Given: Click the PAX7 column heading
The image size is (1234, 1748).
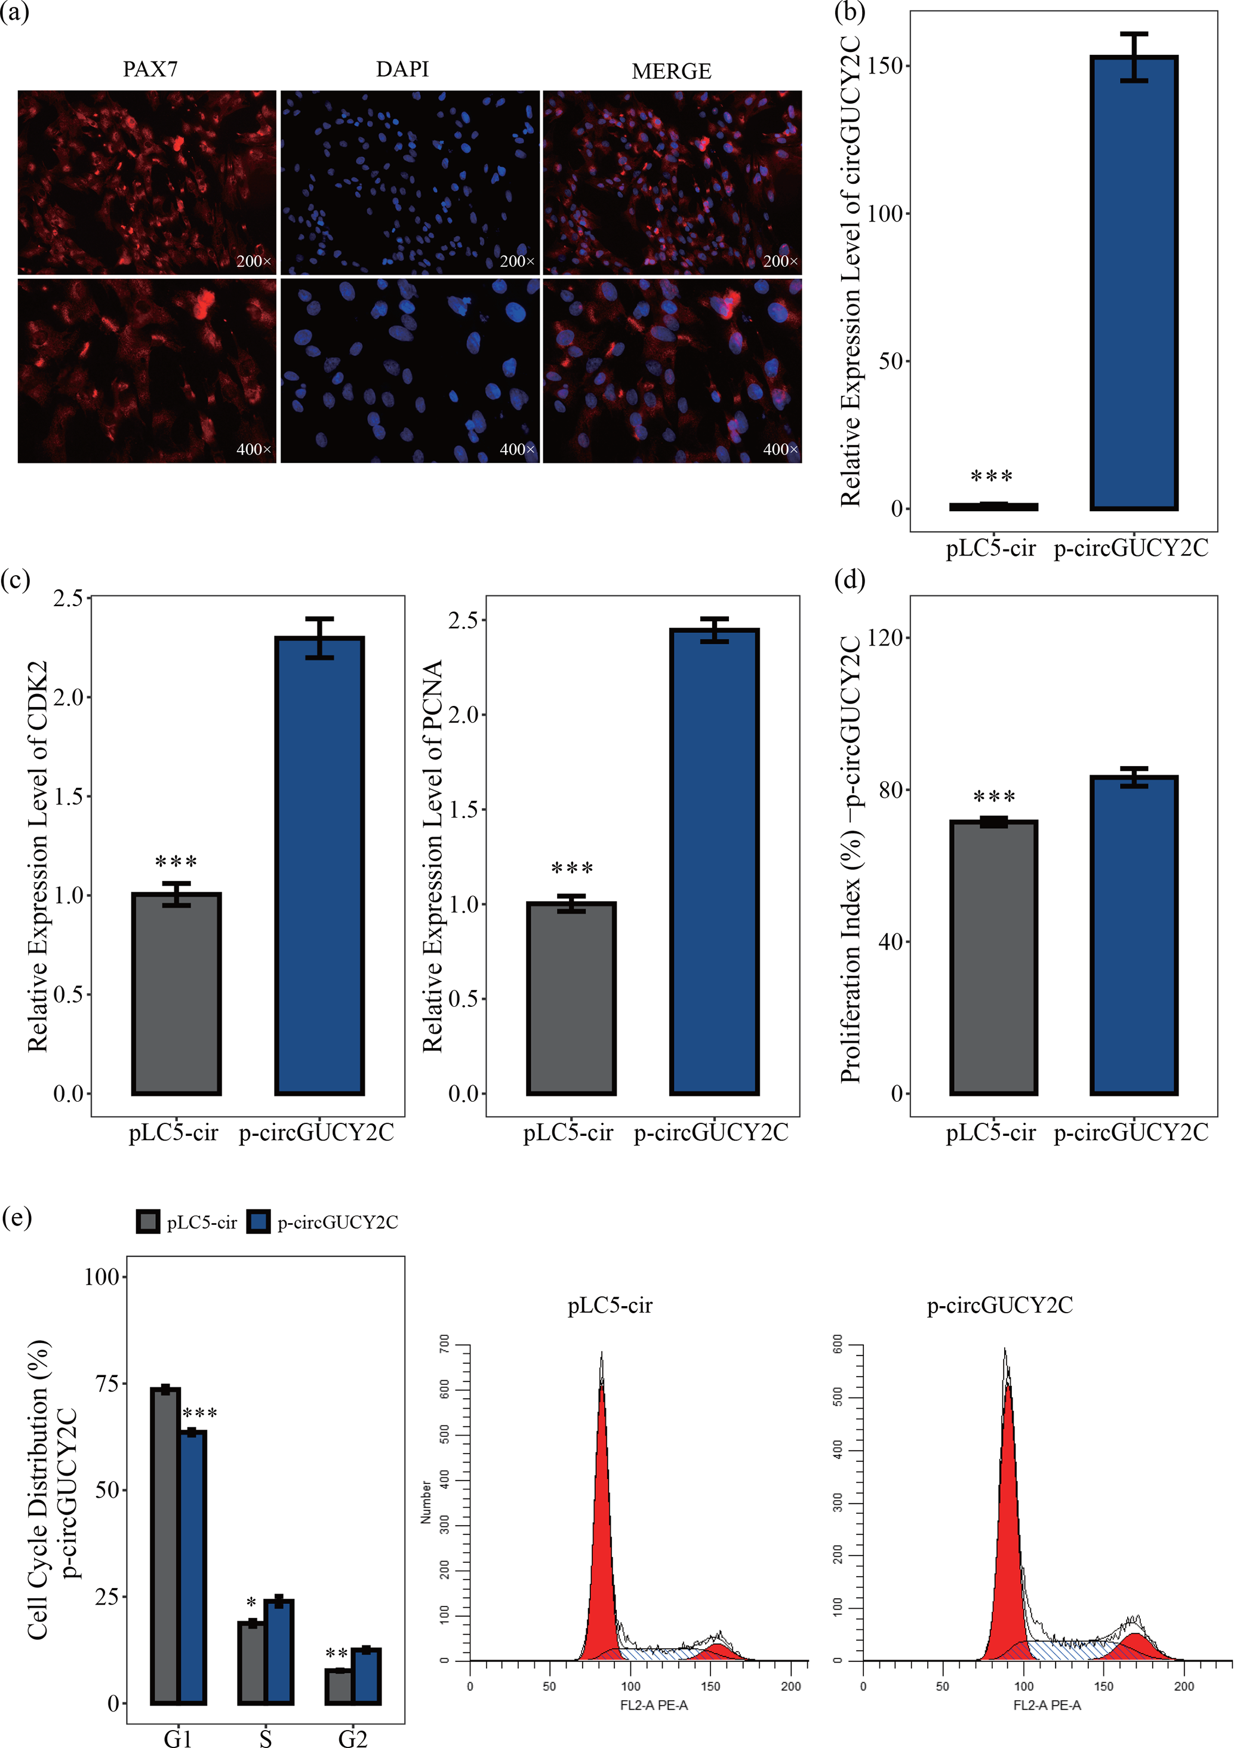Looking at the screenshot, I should pos(150,69).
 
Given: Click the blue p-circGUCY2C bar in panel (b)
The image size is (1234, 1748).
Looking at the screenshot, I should pos(1134,282).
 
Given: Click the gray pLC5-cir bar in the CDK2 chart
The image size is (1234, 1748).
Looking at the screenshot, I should pos(176,994).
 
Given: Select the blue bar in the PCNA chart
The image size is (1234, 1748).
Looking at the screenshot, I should pos(714,861).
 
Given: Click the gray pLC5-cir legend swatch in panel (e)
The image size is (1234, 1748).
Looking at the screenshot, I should pos(147,1222).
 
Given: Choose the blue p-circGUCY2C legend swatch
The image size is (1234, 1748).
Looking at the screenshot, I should pos(259,1222).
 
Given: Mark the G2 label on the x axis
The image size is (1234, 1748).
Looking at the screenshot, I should pos(352,1737).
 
